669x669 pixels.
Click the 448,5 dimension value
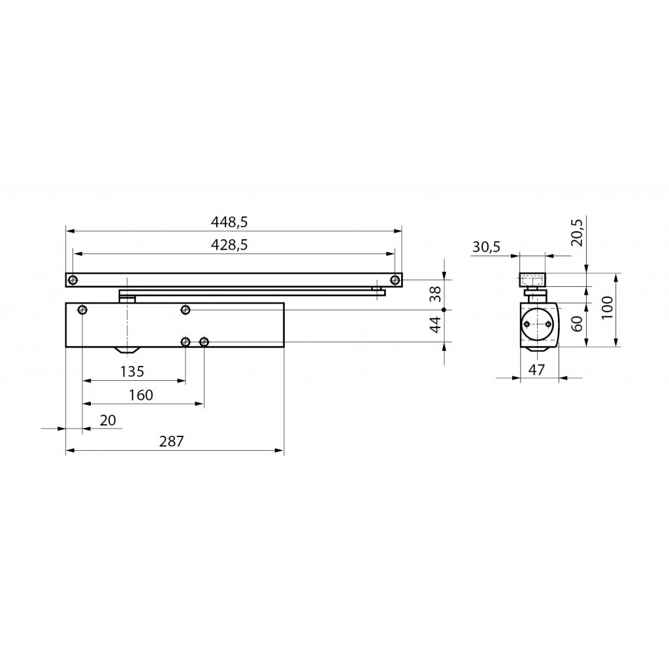(229, 222)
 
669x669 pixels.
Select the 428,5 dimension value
(229, 245)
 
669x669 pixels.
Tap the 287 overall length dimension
(172, 441)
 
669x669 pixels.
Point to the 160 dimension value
(141, 395)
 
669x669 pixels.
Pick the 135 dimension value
(132, 372)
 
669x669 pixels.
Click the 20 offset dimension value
(108, 420)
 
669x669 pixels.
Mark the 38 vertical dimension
(435, 294)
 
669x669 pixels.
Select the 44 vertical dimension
(435, 325)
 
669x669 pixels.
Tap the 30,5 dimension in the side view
(486, 246)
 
